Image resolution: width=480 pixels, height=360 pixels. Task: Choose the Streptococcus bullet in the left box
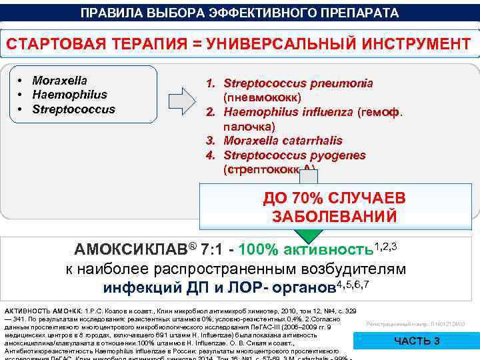73,109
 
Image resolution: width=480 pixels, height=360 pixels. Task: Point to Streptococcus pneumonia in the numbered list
298,83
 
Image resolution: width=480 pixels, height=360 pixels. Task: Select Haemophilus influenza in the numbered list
289,111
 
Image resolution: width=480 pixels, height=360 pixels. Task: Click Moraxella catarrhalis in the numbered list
283,141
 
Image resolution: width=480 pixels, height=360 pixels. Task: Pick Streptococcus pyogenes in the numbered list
295,155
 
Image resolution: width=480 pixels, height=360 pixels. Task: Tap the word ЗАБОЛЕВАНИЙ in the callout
335,217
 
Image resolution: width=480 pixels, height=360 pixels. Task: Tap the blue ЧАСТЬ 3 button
417,341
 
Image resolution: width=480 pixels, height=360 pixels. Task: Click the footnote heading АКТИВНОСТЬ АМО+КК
45,311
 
